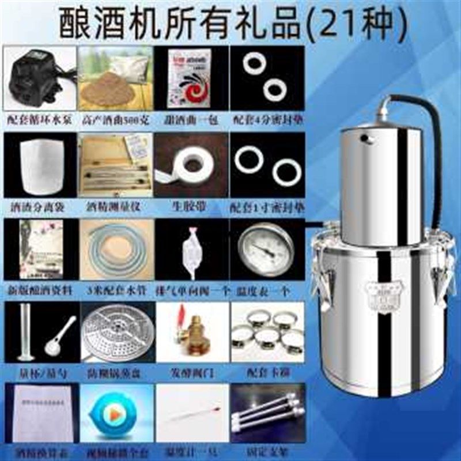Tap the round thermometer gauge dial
click(267, 249)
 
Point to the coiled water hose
click(115, 248)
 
